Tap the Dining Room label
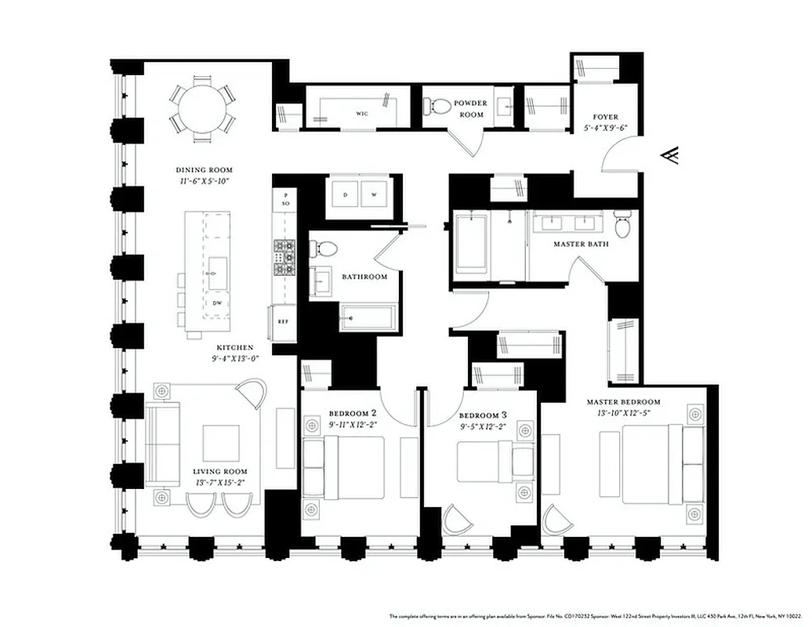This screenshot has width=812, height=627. [x=204, y=170]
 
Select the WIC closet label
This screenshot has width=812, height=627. [x=362, y=114]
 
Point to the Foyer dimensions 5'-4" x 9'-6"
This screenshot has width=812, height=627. [x=605, y=128]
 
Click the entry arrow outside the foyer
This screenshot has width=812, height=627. [x=671, y=158]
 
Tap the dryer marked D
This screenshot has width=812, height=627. [x=346, y=194]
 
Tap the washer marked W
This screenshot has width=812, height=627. [x=374, y=194]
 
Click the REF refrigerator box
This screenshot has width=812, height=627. [x=283, y=321]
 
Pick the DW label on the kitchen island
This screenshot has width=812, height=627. [x=217, y=302]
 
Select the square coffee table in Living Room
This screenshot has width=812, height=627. [x=221, y=443]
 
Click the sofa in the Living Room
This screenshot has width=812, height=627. [x=162, y=443]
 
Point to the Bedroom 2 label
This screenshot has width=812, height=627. [x=353, y=414]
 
